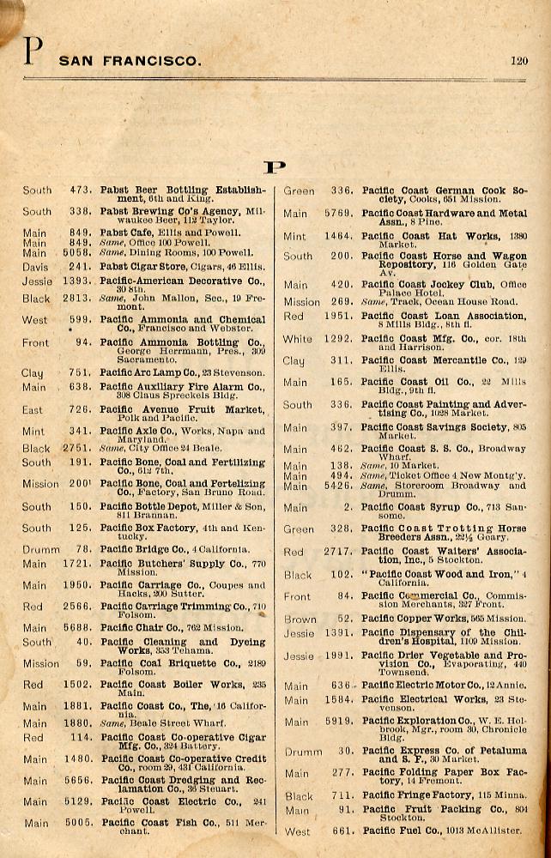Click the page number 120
pos(518,61)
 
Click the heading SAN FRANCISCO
pos(130,62)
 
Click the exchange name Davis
pos(36,266)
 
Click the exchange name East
pos(33,410)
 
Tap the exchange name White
pos(298,339)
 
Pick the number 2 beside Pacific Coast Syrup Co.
pos(348,508)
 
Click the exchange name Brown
pos(300,619)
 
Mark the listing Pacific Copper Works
pos(412,618)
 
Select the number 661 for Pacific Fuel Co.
pos(342,831)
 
